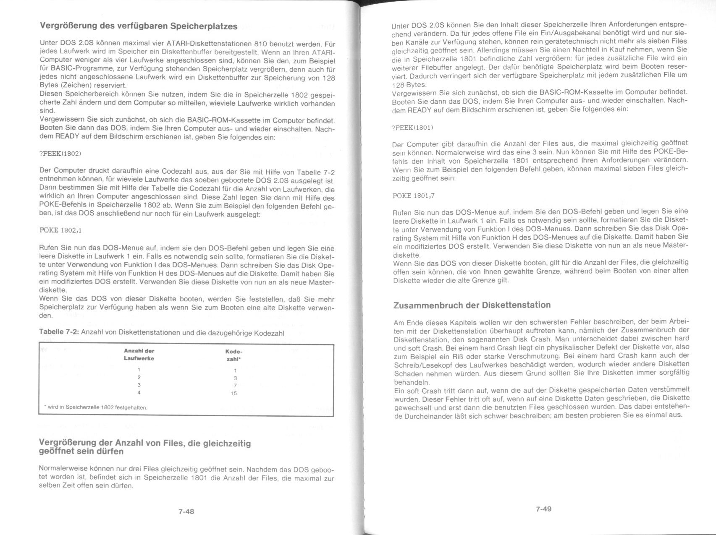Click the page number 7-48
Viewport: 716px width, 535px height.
186,511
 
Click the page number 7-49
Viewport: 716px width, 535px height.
543,509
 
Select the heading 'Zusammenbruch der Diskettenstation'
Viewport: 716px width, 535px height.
472,305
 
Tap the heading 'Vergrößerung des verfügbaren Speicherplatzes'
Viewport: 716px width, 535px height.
139,26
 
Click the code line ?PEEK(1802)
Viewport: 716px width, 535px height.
60,154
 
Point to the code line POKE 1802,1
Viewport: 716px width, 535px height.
59,230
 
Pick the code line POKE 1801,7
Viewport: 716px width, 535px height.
413,196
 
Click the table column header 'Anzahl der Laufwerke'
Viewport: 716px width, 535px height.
139,355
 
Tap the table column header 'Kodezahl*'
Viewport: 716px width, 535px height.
234,355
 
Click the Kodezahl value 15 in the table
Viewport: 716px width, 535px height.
234,393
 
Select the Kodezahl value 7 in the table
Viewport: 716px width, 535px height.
235,386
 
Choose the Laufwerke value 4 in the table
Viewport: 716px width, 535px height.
139,393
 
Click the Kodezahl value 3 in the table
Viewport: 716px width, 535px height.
235,378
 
